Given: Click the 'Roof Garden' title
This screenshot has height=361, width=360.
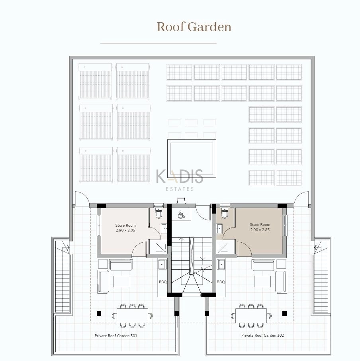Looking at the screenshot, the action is tap(194, 27).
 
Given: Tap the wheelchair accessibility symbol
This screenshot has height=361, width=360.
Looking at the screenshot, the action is tap(181, 215).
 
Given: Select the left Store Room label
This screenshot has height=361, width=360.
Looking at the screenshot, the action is tap(125, 228).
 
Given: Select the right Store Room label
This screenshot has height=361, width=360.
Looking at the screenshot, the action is tap(260, 227).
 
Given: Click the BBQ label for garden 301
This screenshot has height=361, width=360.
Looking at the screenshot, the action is tap(162, 282).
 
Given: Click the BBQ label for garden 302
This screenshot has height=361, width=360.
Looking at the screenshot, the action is tap(221, 282).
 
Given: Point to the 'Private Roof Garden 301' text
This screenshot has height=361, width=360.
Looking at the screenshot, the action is tap(116, 335).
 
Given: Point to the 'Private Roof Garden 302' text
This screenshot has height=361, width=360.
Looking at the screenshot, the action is tap(262, 335).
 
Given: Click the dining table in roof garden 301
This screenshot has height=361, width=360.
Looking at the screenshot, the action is tap(132, 316).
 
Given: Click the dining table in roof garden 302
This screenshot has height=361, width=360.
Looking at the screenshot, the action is tap(251, 316).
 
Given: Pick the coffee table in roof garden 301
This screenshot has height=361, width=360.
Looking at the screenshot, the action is tap(122, 281).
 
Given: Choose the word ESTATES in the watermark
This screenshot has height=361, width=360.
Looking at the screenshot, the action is tap(180, 189).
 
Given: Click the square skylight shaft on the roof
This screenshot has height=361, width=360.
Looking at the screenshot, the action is tap(192, 159).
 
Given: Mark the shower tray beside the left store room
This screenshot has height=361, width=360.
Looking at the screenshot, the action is tap(158, 247).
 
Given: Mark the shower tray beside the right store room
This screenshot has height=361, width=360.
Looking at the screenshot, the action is tap(225, 247).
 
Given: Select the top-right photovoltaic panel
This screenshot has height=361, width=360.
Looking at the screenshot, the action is tap(289, 72).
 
